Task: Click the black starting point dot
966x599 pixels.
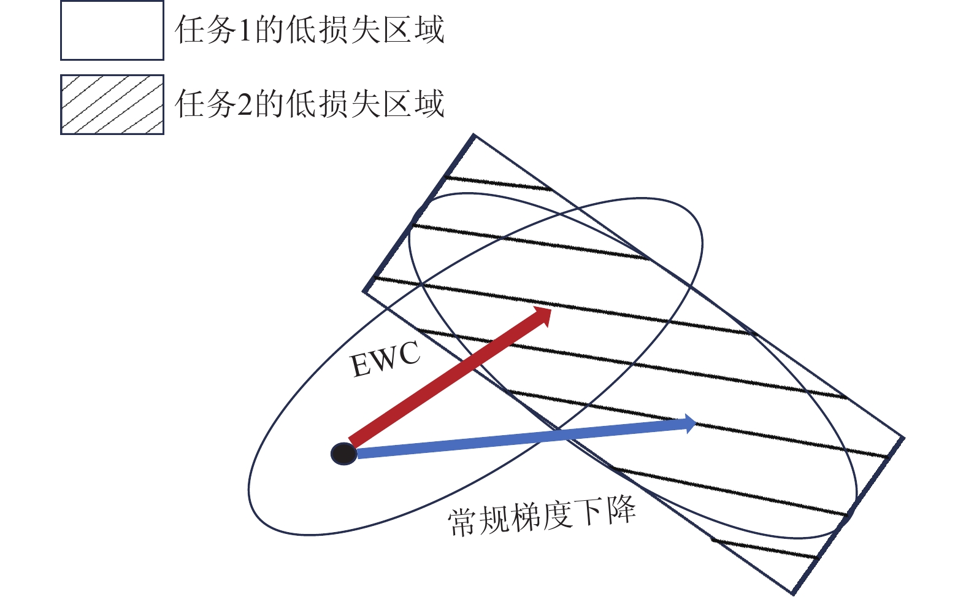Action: pos(343,454)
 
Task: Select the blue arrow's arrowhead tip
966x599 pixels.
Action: pos(696,423)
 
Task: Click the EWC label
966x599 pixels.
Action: pos(386,360)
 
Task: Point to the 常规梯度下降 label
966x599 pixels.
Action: pos(542,518)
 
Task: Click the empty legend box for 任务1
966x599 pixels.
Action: pos(112,30)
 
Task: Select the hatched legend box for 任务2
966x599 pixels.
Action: pos(112,104)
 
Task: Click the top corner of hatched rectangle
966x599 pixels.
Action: pos(473,135)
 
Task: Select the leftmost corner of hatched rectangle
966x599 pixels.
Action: pos(364,292)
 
